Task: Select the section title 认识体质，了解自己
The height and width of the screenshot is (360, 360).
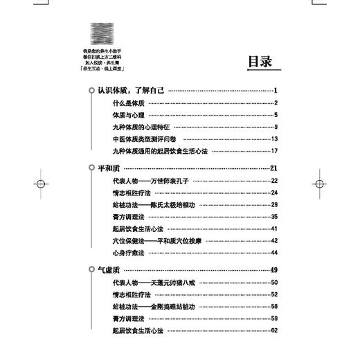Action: pyautogui.click(x=130, y=90)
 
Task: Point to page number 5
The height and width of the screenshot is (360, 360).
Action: pyautogui.click(x=275, y=115)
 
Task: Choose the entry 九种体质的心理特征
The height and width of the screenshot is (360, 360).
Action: pyautogui.click(x=145, y=127)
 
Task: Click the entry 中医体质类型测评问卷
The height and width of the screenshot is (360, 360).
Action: pyautogui.click(x=149, y=138)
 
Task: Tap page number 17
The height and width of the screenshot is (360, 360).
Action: pyautogui.click(x=274, y=151)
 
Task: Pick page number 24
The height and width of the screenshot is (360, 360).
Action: pyautogui.click(x=274, y=192)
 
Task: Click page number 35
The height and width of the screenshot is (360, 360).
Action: pyautogui.click(x=274, y=217)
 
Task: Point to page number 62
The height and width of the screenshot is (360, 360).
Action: pyautogui.click(x=274, y=330)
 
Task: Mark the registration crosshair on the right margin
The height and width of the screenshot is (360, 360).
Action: pyautogui.click(x=319, y=185)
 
